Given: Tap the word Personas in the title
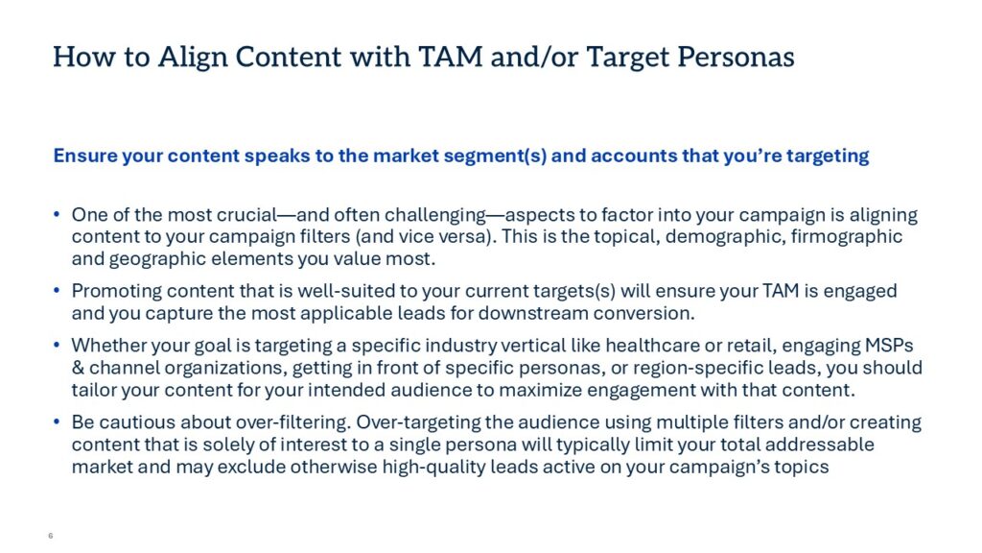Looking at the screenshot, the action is click(x=736, y=57).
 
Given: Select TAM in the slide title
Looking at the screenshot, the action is click(x=451, y=57).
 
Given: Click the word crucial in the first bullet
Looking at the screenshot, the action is click(x=246, y=215).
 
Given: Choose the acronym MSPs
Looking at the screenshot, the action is click(x=889, y=346).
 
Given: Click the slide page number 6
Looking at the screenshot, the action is click(x=51, y=536).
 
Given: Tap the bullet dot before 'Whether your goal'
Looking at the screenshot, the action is click(x=57, y=346).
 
